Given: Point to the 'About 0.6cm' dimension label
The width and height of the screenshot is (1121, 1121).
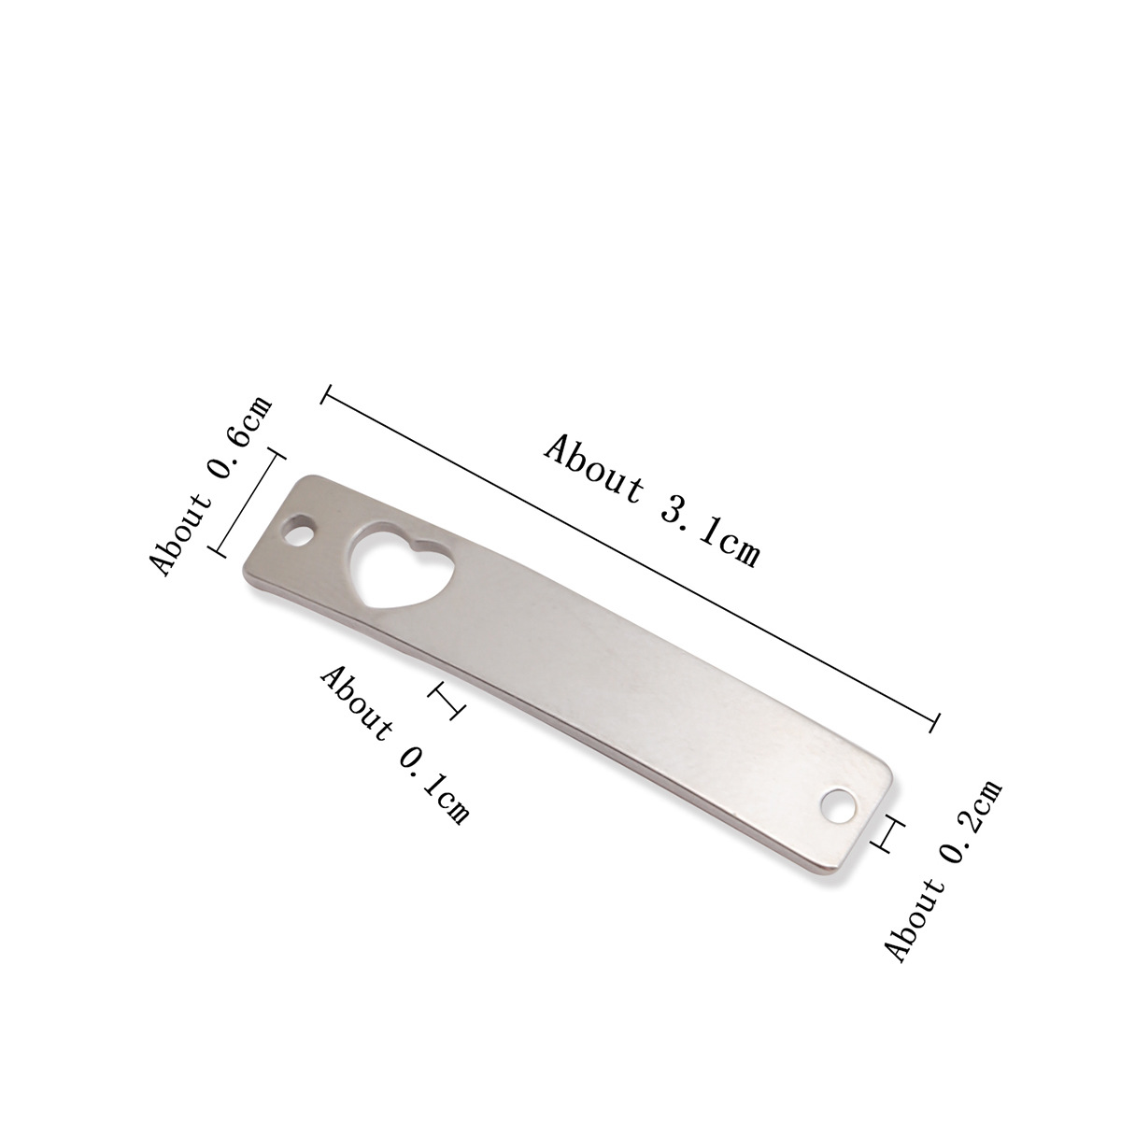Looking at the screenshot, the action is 210,485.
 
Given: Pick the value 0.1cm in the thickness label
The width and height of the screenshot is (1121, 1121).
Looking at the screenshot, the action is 433,788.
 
